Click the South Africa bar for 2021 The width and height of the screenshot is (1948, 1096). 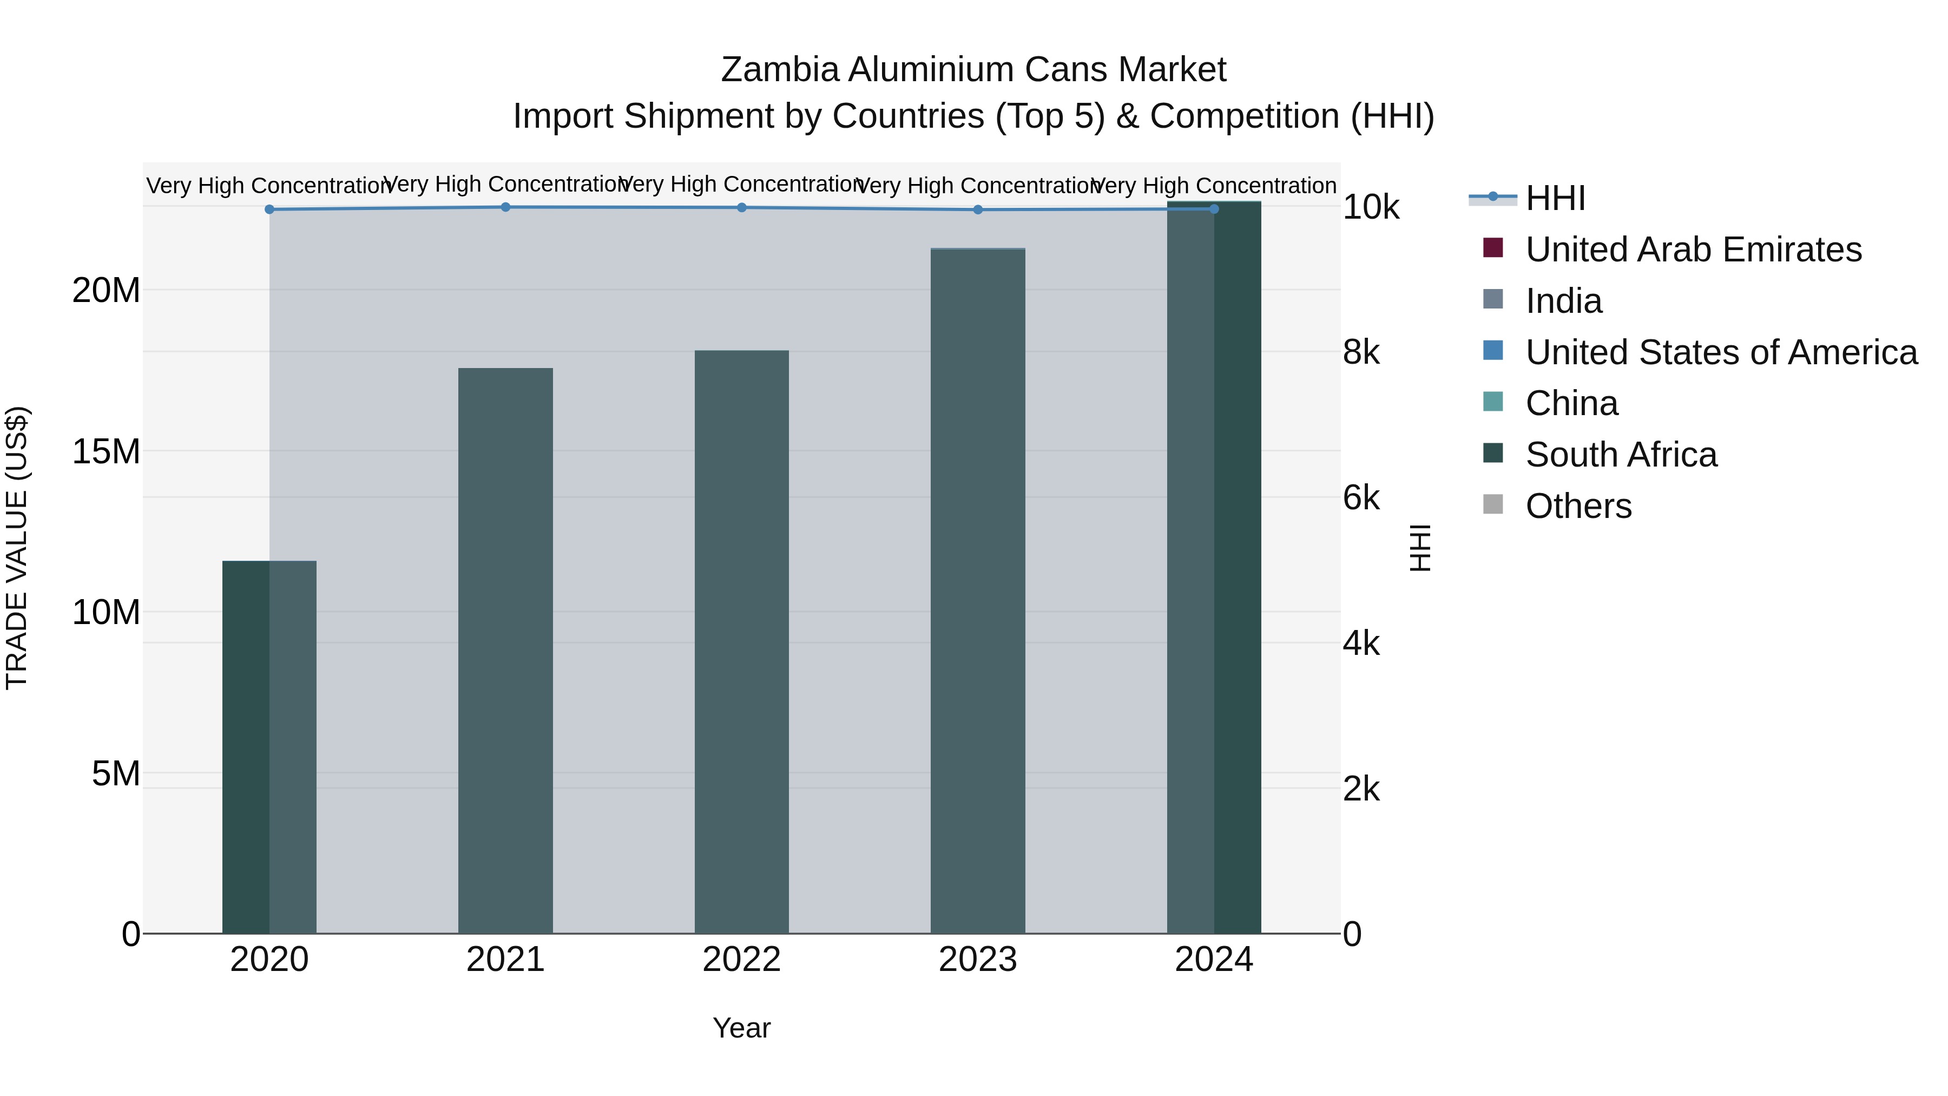coord(505,651)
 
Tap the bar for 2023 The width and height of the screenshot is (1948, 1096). coord(977,590)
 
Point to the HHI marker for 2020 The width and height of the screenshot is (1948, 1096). coord(269,209)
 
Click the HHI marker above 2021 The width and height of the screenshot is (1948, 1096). coord(505,207)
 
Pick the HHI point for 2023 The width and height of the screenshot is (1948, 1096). coord(977,209)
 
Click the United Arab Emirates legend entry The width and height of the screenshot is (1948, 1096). coord(1693,250)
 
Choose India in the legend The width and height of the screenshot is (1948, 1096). coord(1563,301)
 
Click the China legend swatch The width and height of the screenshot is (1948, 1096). coord(1493,402)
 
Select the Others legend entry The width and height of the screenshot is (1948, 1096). coord(1578,506)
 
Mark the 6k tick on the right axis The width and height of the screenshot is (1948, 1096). coord(1361,498)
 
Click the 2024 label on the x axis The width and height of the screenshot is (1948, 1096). coord(1213,960)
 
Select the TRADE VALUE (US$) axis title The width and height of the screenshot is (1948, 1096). coord(17,548)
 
